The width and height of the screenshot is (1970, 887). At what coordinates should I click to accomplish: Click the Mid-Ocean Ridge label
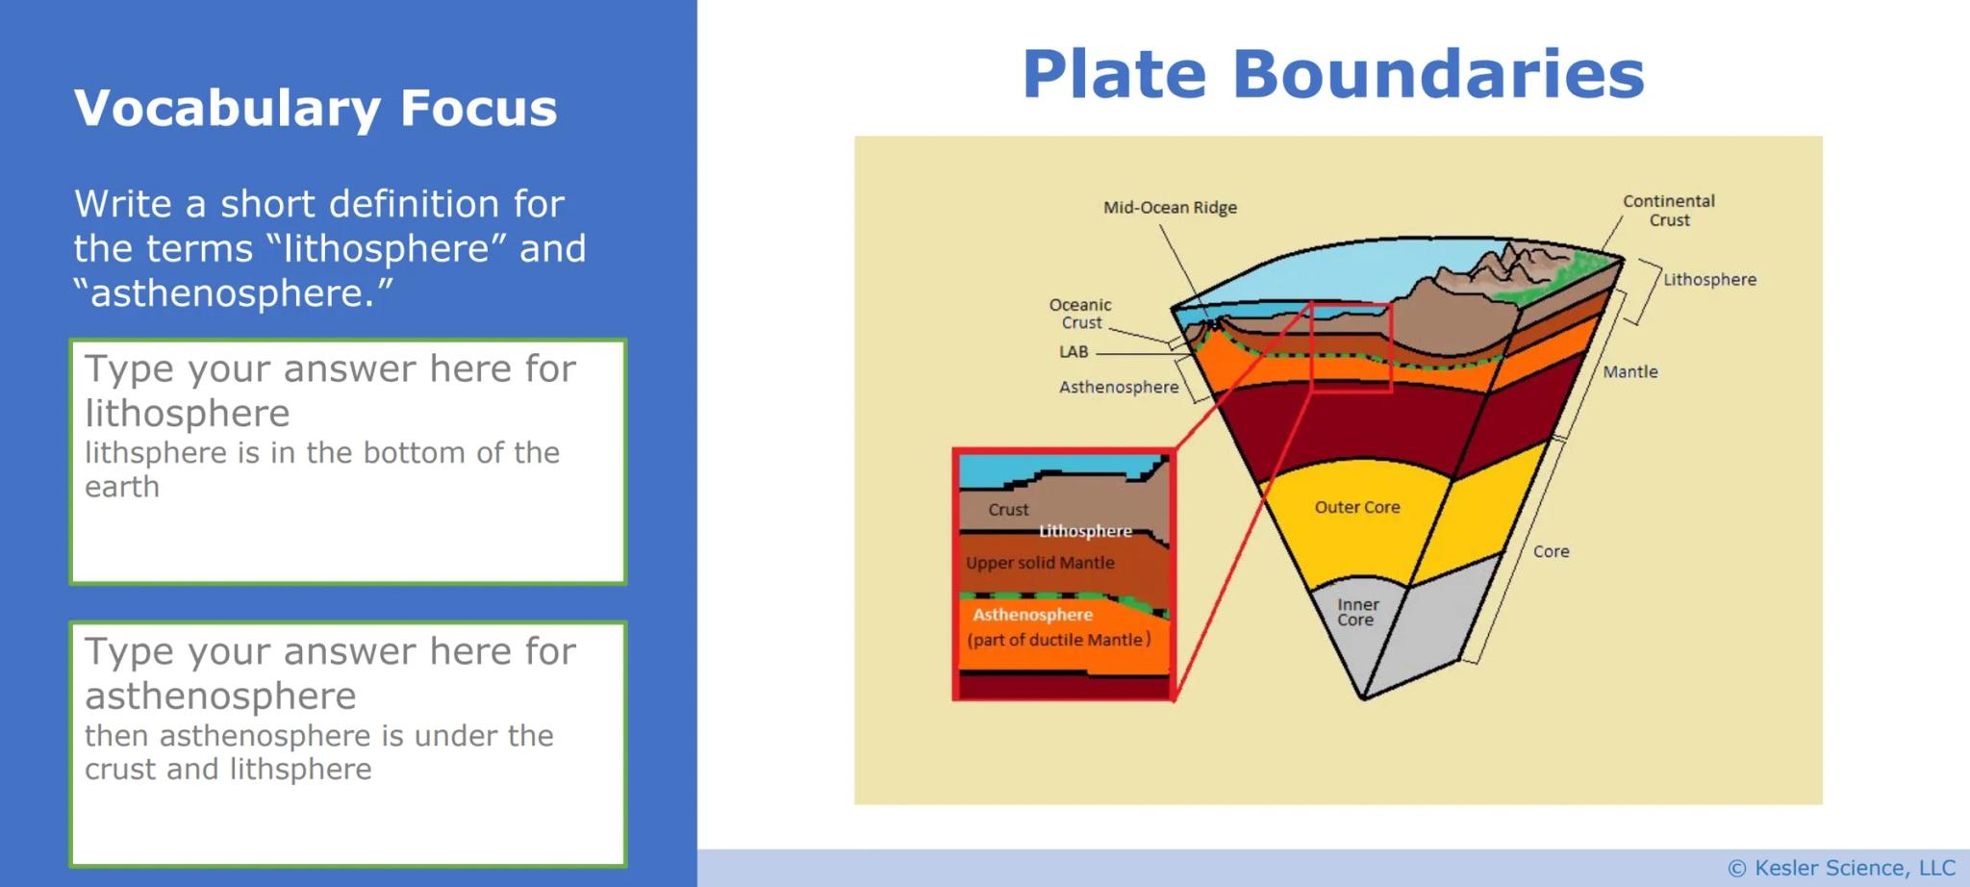click(1170, 207)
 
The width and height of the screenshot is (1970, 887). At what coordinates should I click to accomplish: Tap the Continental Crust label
click(1668, 210)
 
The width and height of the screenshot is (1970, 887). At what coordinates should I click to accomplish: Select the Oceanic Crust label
click(1080, 314)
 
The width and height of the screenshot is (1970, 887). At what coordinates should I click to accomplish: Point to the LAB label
click(1073, 352)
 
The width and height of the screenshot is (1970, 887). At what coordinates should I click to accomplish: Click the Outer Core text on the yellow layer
click(1356, 507)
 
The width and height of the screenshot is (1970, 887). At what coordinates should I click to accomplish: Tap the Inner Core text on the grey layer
click(1356, 612)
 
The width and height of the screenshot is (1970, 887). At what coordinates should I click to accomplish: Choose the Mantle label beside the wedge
click(1629, 371)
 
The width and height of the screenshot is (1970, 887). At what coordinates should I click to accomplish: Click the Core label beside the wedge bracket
click(1551, 551)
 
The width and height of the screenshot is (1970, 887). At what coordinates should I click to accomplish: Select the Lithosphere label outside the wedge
click(1709, 280)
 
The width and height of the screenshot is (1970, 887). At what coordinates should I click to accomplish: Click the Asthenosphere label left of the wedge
click(1118, 387)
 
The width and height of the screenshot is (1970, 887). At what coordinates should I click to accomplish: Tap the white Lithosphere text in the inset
click(1084, 531)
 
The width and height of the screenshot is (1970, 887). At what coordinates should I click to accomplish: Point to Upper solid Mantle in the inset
click(1040, 563)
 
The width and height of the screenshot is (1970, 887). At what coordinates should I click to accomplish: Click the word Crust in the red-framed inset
click(1007, 510)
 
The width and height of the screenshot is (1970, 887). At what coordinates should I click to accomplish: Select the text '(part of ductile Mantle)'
click(1058, 640)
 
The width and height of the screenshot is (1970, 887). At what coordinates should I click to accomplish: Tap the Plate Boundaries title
click(1332, 74)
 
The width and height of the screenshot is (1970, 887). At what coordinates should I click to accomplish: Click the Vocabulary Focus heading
click(316, 108)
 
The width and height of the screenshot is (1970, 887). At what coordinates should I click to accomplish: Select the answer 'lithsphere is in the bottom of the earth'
click(321, 469)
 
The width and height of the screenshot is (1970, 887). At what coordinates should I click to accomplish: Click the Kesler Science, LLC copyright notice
click(1841, 868)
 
